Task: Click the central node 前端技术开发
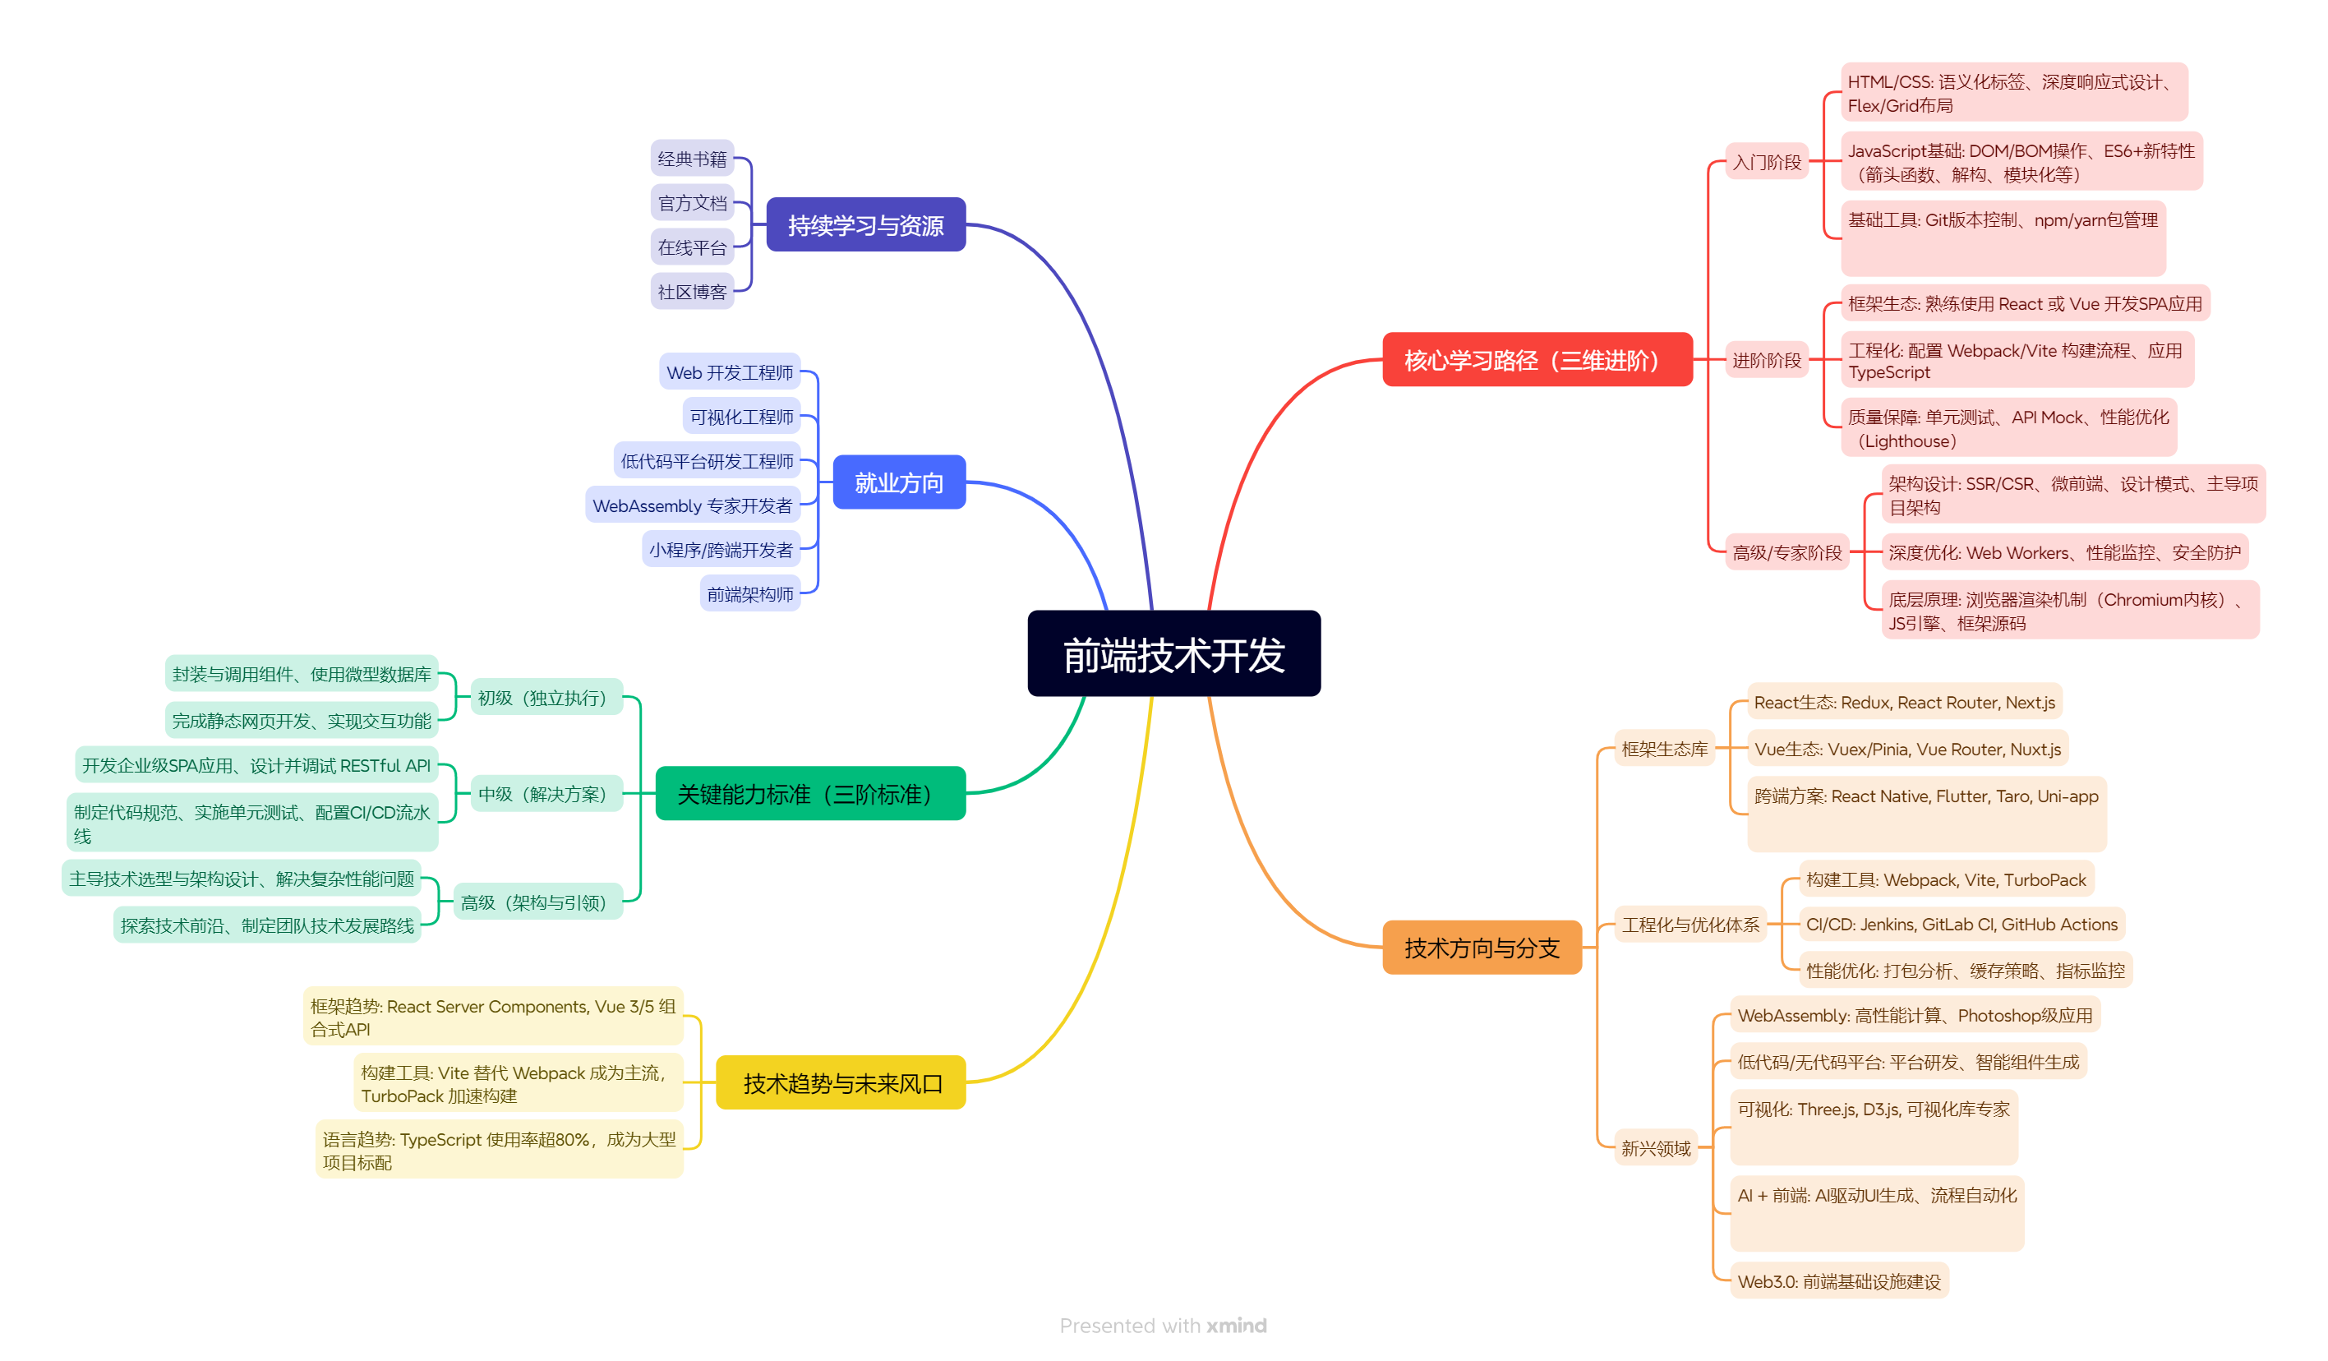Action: [x=1173, y=653]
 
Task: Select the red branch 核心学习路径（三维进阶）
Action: [x=1537, y=359]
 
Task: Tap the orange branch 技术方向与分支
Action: [x=1482, y=947]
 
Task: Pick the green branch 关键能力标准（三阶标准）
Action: [x=810, y=793]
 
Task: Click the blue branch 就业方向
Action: [x=899, y=482]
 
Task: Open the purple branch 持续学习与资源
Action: [x=865, y=224]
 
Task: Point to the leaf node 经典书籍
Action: [x=692, y=158]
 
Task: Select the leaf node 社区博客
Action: [x=692, y=291]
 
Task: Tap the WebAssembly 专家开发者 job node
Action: [x=692, y=505]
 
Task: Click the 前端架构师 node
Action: [x=750, y=593]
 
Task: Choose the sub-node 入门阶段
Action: [x=1766, y=162]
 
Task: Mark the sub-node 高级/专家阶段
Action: [x=1786, y=551]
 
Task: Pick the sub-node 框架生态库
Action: [x=1665, y=749]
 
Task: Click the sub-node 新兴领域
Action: [x=1656, y=1147]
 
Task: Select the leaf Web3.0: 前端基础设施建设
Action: [x=1838, y=1280]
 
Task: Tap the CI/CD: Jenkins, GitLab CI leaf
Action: [x=1962, y=924]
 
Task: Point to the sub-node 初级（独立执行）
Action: [x=547, y=697]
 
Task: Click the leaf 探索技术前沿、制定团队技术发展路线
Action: [x=267, y=924]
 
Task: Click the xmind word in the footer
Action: [x=1236, y=1325]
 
